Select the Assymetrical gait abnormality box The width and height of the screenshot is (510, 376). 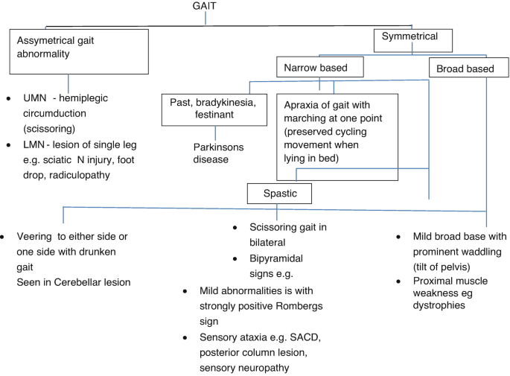pos(68,51)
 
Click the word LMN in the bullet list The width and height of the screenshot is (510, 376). pos(31,144)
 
